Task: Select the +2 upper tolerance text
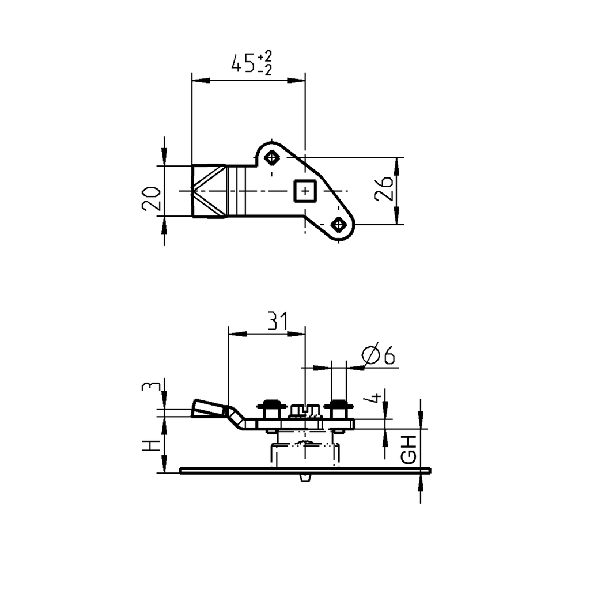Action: (x=265, y=56)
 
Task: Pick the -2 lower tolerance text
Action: (x=265, y=70)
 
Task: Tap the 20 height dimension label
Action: (x=152, y=198)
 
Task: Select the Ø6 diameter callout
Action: (x=378, y=355)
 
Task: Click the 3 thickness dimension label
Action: (x=148, y=386)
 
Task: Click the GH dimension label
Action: (x=409, y=449)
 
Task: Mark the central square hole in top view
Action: (x=304, y=190)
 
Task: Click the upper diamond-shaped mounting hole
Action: (x=271, y=157)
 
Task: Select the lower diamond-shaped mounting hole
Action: (x=338, y=224)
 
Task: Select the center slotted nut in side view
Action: (x=304, y=410)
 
